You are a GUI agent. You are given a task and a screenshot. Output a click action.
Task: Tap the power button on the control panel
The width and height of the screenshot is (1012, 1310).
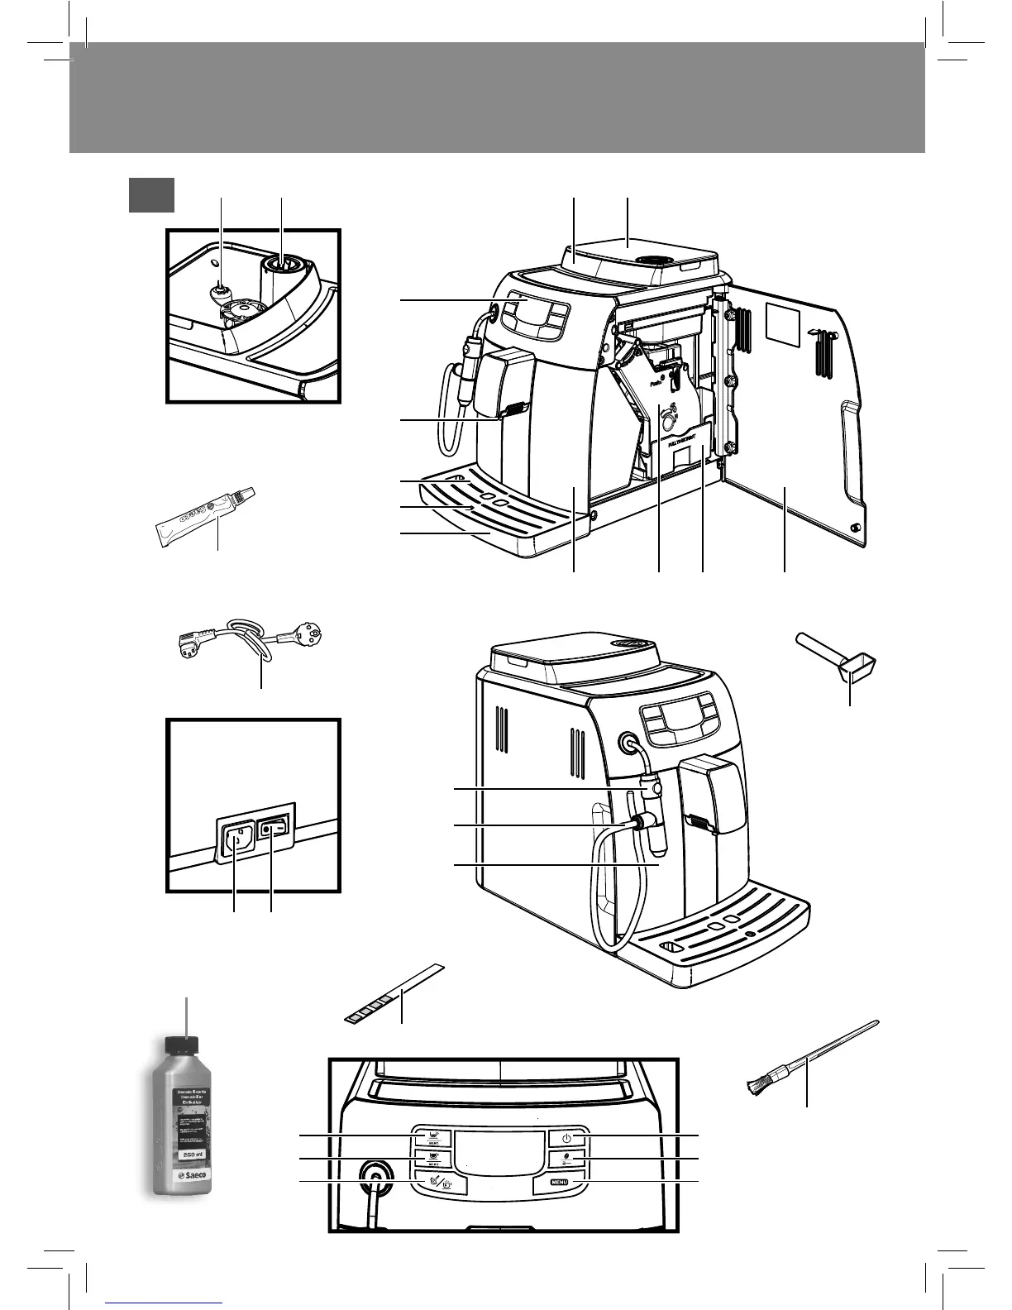(566, 1139)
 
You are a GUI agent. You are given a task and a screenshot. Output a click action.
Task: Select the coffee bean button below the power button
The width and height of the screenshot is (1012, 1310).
(566, 1159)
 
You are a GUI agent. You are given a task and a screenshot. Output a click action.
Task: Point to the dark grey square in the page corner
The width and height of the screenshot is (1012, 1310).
(151, 195)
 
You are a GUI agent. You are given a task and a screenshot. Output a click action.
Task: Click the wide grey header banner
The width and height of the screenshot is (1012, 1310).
(496, 98)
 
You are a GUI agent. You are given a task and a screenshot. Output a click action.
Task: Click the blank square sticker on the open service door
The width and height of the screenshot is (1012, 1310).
(785, 323)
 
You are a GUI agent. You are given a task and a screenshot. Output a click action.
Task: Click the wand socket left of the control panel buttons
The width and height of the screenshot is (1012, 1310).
(376, 1179)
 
